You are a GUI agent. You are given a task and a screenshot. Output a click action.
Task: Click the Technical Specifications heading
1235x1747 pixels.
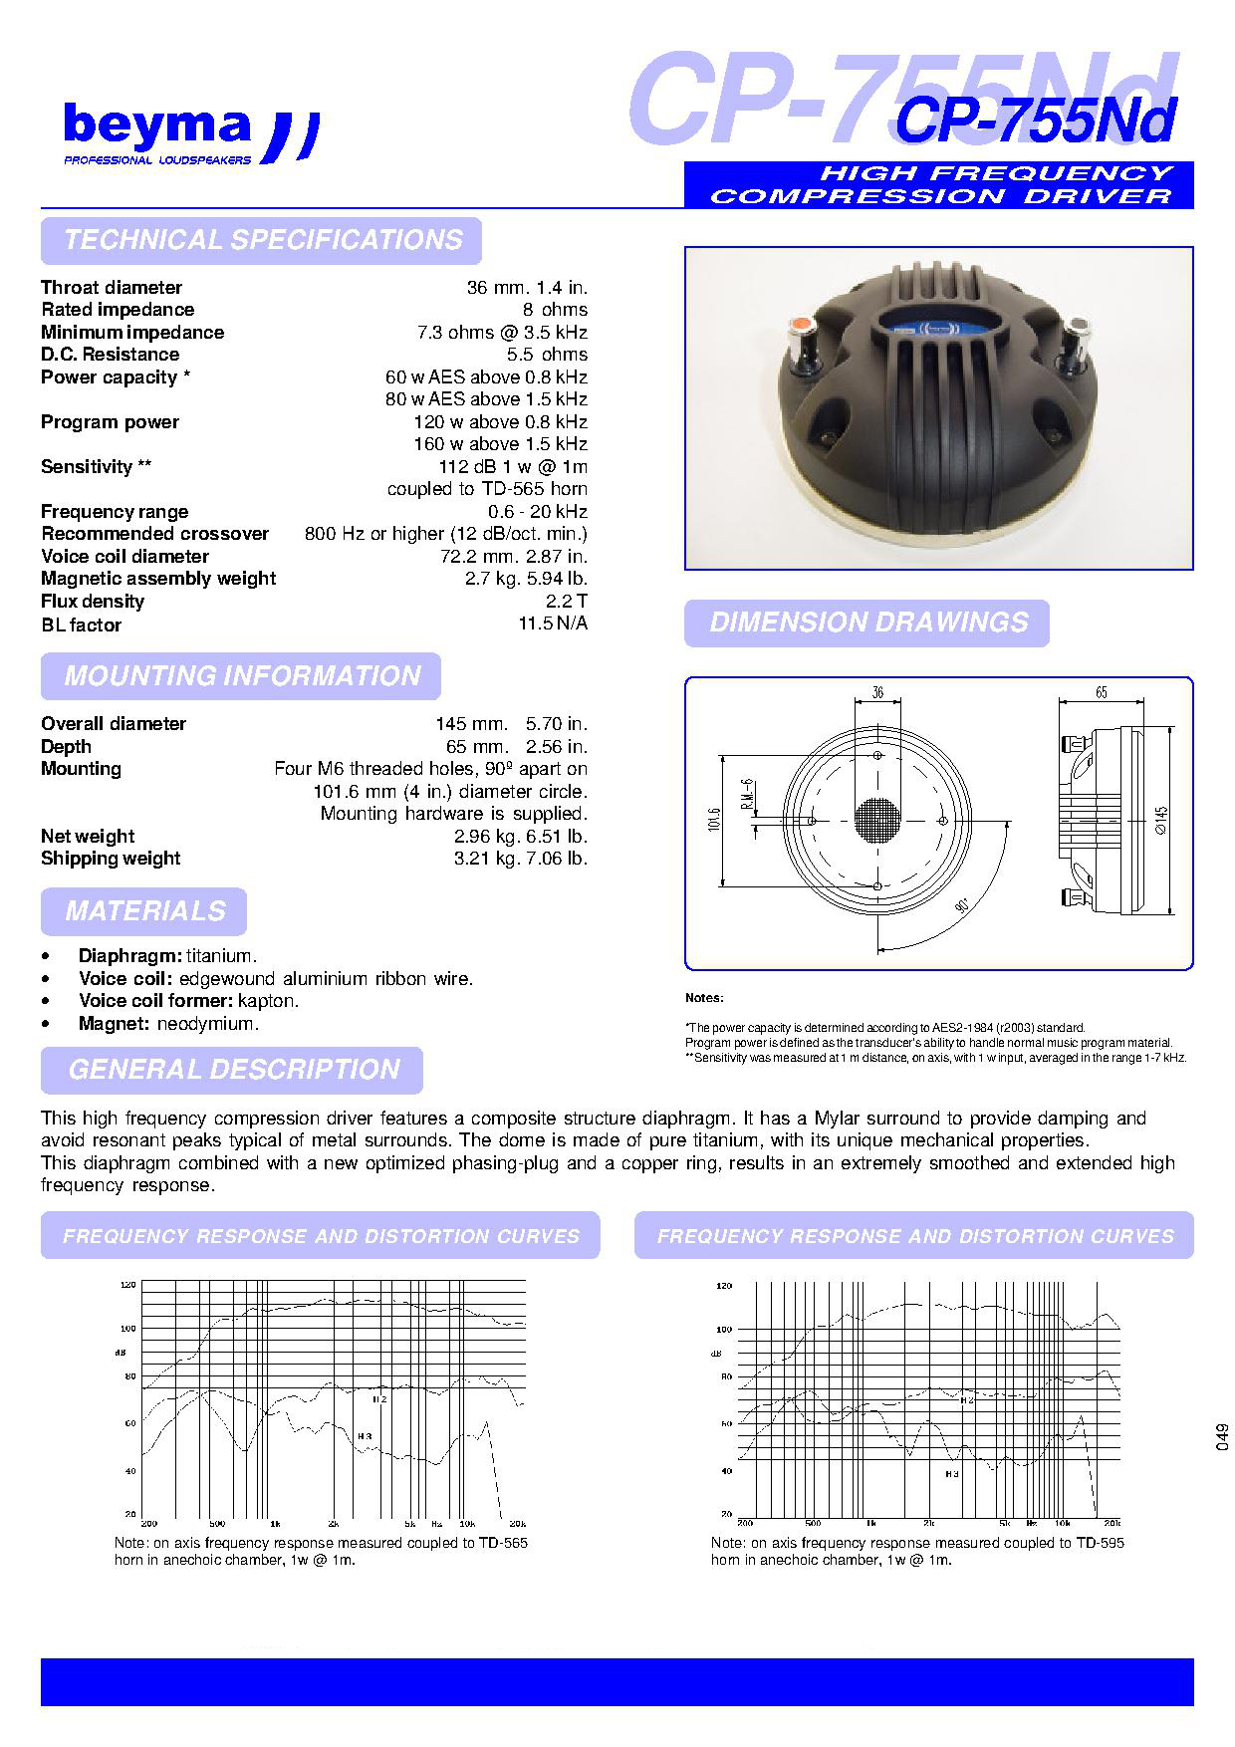pos(262,240)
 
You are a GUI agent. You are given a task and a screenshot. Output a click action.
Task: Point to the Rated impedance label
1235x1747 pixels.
pos(118,310)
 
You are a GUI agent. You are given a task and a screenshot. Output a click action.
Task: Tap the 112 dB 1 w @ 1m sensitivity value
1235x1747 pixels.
pos(513,466)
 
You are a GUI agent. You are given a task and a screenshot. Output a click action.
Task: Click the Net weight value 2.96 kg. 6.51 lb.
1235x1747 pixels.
pos(521,837)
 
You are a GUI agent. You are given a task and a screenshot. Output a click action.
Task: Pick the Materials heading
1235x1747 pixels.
pos(144,911)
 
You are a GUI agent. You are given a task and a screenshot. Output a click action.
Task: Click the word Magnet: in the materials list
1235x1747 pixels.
pos(114,1024)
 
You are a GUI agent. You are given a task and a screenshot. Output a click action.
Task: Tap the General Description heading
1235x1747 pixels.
pos(233,1070)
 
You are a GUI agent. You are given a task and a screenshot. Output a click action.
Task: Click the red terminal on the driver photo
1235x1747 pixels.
pos(801,327)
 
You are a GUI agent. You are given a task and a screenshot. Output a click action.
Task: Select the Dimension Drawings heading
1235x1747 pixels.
pos(867,624)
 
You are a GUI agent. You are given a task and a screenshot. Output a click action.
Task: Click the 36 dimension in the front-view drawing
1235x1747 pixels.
pos(877,693)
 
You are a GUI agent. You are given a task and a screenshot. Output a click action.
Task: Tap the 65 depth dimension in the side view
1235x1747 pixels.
pos(1101,692)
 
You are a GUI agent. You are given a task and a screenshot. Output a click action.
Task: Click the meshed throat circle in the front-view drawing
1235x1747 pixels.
pos(877,821)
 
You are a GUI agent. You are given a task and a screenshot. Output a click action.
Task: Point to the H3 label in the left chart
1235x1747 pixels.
pos(365,1435)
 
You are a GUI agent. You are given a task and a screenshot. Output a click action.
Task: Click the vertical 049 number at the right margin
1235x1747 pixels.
pos(1222,1437)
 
